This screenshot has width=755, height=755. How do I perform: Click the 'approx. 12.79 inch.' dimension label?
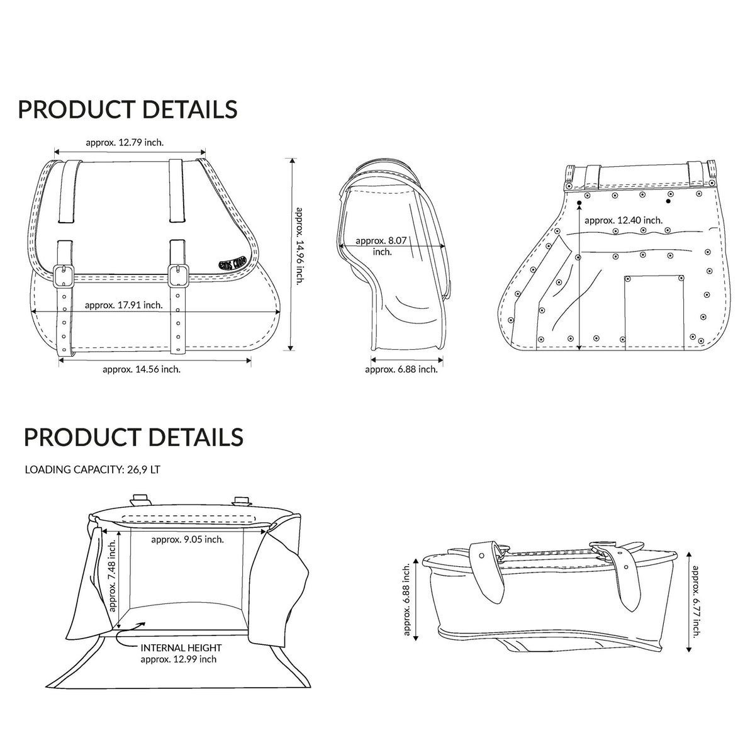(x=125, y=142)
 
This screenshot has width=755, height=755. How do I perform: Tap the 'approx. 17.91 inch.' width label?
(x=124, y=305)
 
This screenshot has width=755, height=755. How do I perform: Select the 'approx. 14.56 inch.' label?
(x=142, y=369)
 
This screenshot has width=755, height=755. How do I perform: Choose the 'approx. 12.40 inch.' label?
(x=624, y=220)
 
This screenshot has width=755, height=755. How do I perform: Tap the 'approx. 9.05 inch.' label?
(x=187, y=539)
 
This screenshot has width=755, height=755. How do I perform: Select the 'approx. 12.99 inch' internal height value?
(x=179, y=659)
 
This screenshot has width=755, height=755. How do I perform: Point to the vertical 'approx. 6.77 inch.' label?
(x=695, y=601)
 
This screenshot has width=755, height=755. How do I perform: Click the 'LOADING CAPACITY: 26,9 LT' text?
(x=92, y=469)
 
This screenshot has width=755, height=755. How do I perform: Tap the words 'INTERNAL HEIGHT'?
(x=181, y=647)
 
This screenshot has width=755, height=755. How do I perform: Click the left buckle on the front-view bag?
(x=62, y=275)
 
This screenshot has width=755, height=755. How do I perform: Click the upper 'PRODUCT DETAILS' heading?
(x=128, y=109)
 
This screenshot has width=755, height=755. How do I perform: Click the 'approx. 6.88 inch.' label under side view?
(x=401, y=369)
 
